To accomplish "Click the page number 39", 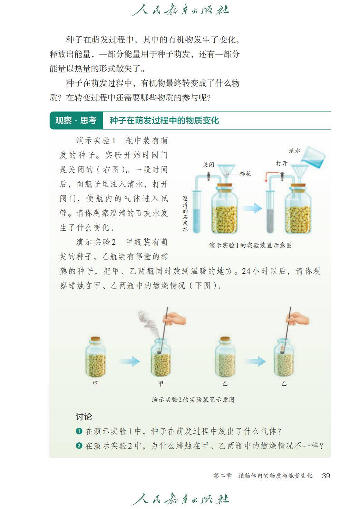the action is pos(326,476).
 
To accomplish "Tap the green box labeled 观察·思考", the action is pos(76,121).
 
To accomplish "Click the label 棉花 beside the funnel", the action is pos(245,174).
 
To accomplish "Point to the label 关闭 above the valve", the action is pos(208,164).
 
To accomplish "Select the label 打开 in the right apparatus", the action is pos(282,163).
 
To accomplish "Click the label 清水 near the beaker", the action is pos(294,151).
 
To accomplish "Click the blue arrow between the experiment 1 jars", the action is pos(252,208).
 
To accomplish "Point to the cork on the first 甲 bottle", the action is pos(95,339).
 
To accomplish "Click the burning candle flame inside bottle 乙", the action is pos(282,348).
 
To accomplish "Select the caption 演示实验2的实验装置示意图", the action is pos(193,400).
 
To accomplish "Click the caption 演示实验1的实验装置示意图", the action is pos(250,245).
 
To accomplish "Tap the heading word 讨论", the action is pos(84,417).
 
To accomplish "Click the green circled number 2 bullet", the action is pos(79,445).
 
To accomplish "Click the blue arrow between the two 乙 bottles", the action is pos(255,361).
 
